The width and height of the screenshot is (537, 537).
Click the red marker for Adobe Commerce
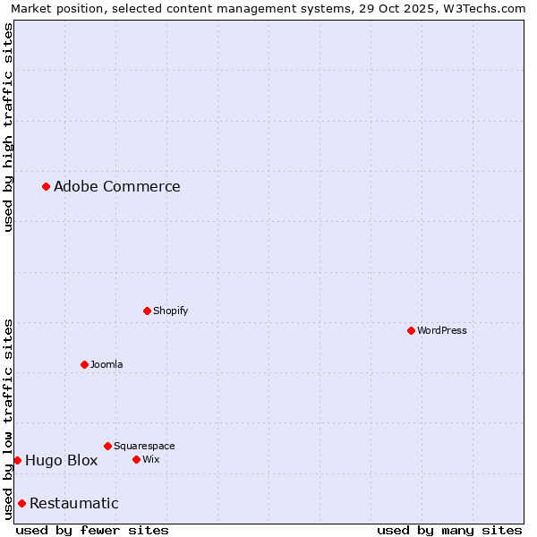(46, 186)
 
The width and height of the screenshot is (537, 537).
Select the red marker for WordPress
(411, 330)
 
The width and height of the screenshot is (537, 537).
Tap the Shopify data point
(147, 311)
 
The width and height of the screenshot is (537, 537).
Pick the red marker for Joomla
(84, 364)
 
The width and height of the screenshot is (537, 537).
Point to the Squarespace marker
(107, 446)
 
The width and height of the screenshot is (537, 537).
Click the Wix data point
(136, 459)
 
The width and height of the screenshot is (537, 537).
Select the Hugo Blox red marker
(17, 460)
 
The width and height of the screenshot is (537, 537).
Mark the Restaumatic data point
(21, 503)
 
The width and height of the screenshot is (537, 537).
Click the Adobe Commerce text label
(116, 186)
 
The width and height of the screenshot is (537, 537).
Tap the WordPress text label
(442, 330)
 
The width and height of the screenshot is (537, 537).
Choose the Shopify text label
(170, 311)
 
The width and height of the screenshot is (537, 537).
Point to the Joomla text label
(107, 364)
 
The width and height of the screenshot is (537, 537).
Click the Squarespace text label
(144, 446)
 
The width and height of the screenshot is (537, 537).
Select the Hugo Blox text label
(61, 460)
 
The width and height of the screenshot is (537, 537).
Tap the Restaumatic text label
(73, 503)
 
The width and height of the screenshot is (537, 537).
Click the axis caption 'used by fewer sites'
(92, 530)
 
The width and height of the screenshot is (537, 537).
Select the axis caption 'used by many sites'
(449, 530)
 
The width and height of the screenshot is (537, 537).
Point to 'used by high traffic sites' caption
(8, 127)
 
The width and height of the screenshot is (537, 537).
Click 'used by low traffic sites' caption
(8, 419)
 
